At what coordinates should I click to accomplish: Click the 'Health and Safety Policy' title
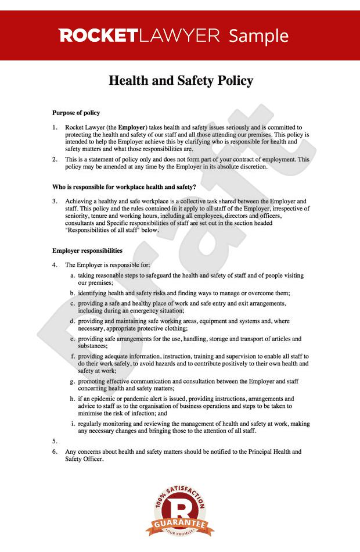tap(181, 81)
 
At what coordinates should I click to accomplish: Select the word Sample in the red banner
tap(258, 36)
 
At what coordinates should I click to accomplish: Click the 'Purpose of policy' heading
tap(76, 113)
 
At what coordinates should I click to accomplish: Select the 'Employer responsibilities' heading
tap(87, 251)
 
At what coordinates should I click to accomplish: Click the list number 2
tap(55, 159)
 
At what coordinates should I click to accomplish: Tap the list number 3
tap(55, 201)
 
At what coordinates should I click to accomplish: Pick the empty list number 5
tap(55, 441)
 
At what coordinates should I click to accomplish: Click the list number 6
tap(55, 451)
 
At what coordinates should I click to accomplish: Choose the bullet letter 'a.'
tap(73, 275)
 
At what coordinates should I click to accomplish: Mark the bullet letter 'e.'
tap(73, 339)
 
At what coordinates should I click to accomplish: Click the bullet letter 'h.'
tap(73, 399)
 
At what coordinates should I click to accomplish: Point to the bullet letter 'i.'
tap(73, 424)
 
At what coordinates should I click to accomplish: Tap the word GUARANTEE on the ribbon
tap(180, 524)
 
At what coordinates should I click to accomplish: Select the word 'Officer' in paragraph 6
tap(92, 459)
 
